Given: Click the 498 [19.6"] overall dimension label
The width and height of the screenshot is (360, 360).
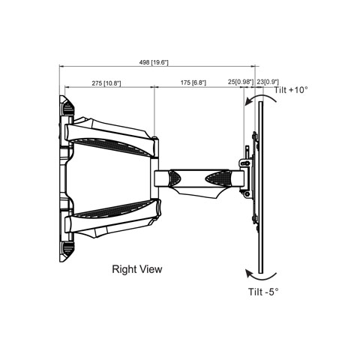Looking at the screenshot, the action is [x=154, y=62].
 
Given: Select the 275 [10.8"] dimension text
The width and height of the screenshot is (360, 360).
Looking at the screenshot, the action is [x=106, y=83].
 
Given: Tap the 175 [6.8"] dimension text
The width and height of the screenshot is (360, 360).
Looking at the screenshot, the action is [x=193, y=82].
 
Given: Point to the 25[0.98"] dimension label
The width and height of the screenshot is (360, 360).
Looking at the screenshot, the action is [x=241, y=82].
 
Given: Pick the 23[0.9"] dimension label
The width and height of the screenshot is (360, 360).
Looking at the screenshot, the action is [x=268, y=82].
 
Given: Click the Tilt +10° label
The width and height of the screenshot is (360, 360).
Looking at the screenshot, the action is [x=291, y=90].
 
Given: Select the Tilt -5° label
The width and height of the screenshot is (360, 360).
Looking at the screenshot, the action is [x=263, y=292].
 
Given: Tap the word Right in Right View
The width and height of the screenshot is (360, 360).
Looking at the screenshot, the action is [x=123, y=269].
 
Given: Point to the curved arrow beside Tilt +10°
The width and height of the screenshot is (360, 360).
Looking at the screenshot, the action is [x=260, y=96].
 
